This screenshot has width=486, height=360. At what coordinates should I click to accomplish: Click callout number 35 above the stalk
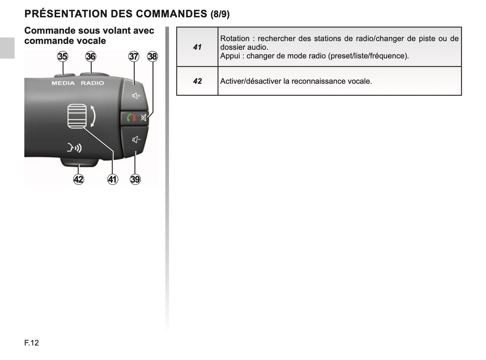(x=63, y=57)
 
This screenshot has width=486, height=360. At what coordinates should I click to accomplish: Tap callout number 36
(x=91, y=57)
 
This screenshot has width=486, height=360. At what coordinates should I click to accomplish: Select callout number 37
(x=134, y=57)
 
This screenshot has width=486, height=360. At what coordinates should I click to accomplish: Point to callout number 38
(x=153, y=57)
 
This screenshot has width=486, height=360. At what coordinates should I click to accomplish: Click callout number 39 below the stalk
(x=135, y=179)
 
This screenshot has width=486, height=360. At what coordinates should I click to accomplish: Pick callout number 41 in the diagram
(x=113, y=179)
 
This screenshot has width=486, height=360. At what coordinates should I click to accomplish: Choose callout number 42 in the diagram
(x=79, y=179)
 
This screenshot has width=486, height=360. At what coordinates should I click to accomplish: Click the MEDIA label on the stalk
(x=63, y=83)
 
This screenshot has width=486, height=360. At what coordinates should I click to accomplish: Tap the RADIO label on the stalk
(x=92, y=83)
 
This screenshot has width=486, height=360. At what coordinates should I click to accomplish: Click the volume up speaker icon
(x=136, y=96)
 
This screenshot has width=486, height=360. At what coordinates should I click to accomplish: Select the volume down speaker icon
(x=136, y=139)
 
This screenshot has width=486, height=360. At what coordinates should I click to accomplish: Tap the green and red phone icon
(x=132, y=118)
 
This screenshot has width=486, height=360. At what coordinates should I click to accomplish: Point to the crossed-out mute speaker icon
(x=144, y=118)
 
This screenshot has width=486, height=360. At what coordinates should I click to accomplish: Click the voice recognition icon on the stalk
(x=74, y=147)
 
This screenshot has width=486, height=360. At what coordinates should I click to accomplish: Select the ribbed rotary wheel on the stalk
(x=77, y=116)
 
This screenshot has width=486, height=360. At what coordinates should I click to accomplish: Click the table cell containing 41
(x=197, y=47)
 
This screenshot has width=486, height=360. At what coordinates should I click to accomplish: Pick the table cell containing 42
(x=197, y=81)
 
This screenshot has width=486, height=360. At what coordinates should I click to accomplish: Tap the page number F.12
(x=32, y=343)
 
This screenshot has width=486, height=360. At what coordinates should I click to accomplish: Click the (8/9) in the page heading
(x=220, y=14)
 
